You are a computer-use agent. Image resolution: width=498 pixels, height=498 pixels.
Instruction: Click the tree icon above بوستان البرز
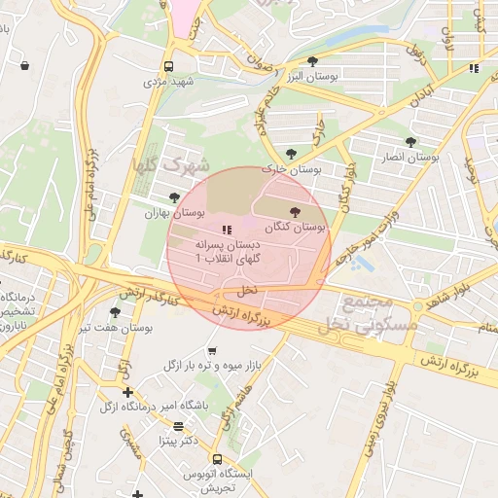point(311,62)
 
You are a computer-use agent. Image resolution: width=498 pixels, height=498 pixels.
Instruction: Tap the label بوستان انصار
point(410,156)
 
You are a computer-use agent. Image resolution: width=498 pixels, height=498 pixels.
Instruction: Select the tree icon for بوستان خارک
point(291,153)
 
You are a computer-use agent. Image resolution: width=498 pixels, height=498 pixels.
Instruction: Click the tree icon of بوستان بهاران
point(174,197)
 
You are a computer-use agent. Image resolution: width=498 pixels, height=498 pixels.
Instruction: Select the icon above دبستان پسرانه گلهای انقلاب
point(227,231)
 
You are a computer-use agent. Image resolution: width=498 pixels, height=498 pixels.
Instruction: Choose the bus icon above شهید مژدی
point(169,67)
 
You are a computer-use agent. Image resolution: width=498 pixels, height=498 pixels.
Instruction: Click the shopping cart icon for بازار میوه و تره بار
point(212,350)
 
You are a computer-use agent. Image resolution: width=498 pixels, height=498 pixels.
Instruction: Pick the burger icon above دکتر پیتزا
point(177,426)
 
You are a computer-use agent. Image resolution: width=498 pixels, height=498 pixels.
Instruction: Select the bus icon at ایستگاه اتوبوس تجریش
point(216,459)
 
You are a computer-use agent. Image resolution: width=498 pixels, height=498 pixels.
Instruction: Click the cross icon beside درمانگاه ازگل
point(127,392)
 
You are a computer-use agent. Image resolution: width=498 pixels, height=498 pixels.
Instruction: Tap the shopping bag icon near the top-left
point(23,66)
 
